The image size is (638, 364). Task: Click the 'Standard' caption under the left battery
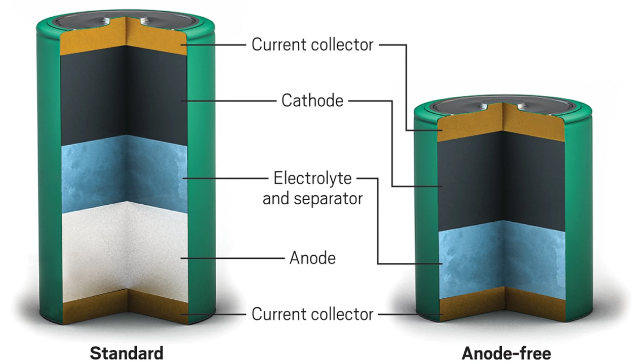pos(127,352)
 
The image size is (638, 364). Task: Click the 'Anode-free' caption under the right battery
pos(506,352)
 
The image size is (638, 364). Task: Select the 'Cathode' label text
pos(312,101)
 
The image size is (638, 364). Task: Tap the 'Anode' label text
pos(312,258)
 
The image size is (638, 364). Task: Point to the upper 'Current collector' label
pos(312,44)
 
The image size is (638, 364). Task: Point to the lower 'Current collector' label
pos(312,314)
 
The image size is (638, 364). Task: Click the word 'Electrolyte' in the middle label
pos(312,178)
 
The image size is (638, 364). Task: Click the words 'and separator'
pos(312,198)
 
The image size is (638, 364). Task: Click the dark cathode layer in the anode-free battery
pos(501,182)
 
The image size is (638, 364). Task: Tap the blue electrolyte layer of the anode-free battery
pos(501,258)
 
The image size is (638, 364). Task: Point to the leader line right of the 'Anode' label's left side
pos(233,258)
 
